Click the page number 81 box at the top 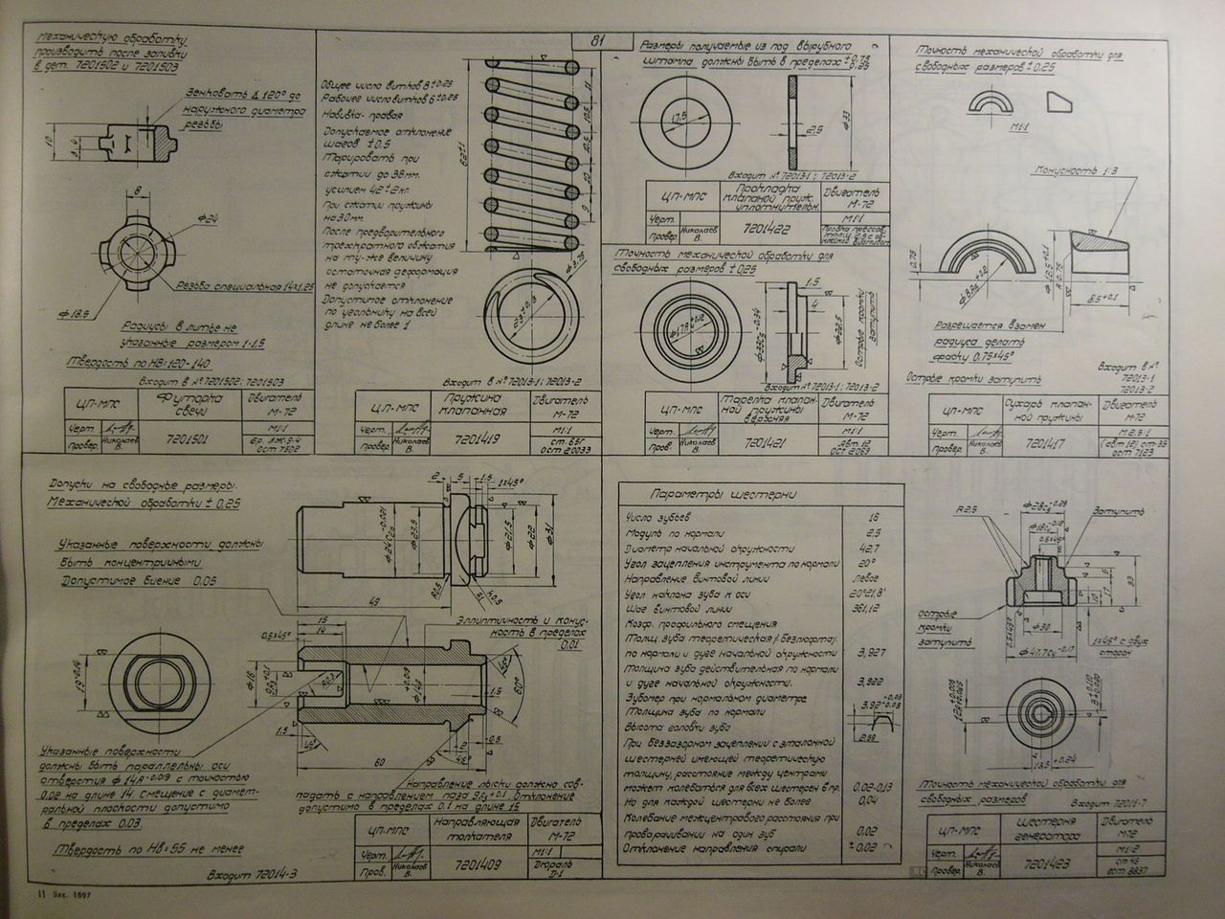point(598,40)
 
